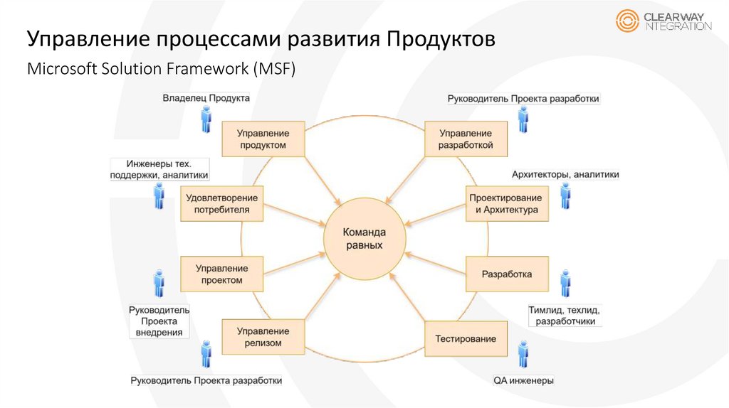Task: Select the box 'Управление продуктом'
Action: coord(262,139)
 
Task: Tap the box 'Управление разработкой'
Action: coord(466,139)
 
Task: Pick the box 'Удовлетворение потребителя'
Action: coord(222,204)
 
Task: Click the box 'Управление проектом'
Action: coord(222,274)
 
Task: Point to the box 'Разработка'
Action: coord(507,274)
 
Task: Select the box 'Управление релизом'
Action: coord(262,337)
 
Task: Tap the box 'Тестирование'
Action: coord(466,339)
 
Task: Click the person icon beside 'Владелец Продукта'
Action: coord(206,119)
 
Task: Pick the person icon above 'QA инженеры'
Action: coord(523,353)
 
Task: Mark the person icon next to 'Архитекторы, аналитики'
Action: coord(565,195)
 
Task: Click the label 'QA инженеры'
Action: coord(523,381)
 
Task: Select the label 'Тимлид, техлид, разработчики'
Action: coord(565,316)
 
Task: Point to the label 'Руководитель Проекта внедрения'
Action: coord(159,321)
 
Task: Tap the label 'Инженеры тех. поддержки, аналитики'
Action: coord(159,168)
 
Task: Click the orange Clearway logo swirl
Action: coord(627,21)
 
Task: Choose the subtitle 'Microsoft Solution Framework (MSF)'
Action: coord(160,70)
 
